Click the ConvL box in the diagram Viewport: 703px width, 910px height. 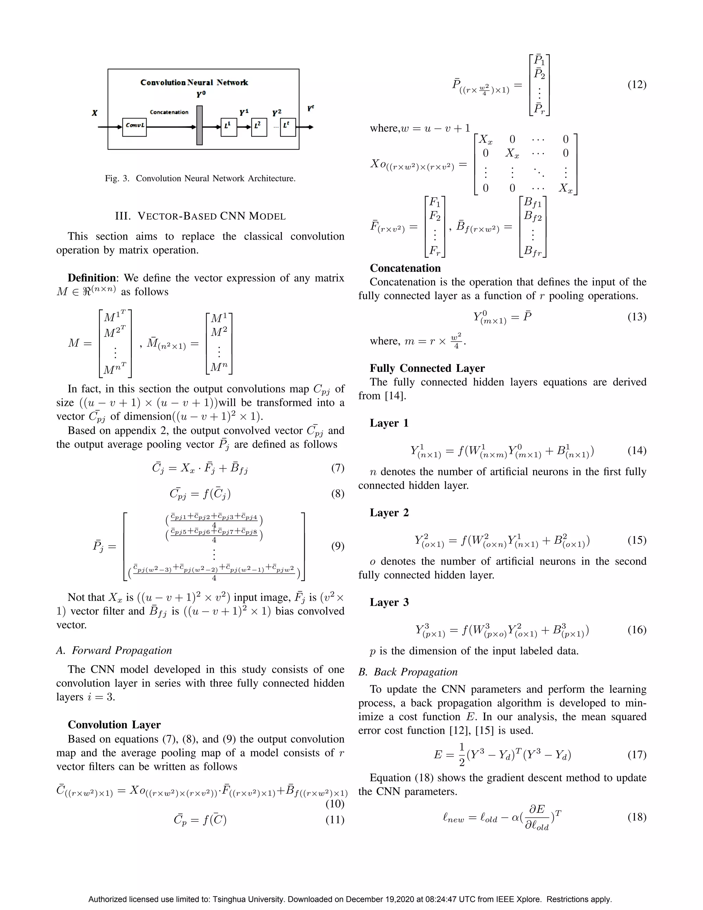coord(135,127)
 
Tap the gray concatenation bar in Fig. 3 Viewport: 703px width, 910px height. coord(199,125)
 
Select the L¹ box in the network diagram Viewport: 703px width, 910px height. coord(229,127)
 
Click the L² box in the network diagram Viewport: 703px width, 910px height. coord(259,127)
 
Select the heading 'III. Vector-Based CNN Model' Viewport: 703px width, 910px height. coord(200,216)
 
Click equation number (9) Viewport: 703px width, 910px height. coord(337,546)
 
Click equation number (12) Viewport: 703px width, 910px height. coord(637,84)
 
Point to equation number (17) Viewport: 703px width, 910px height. coord(637,754)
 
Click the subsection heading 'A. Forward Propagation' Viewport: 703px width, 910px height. coord(114,650)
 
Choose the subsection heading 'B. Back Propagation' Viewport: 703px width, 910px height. coord(408,672)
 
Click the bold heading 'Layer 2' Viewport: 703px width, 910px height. coord(389,512)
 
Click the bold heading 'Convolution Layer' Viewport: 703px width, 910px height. coord(114,725)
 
